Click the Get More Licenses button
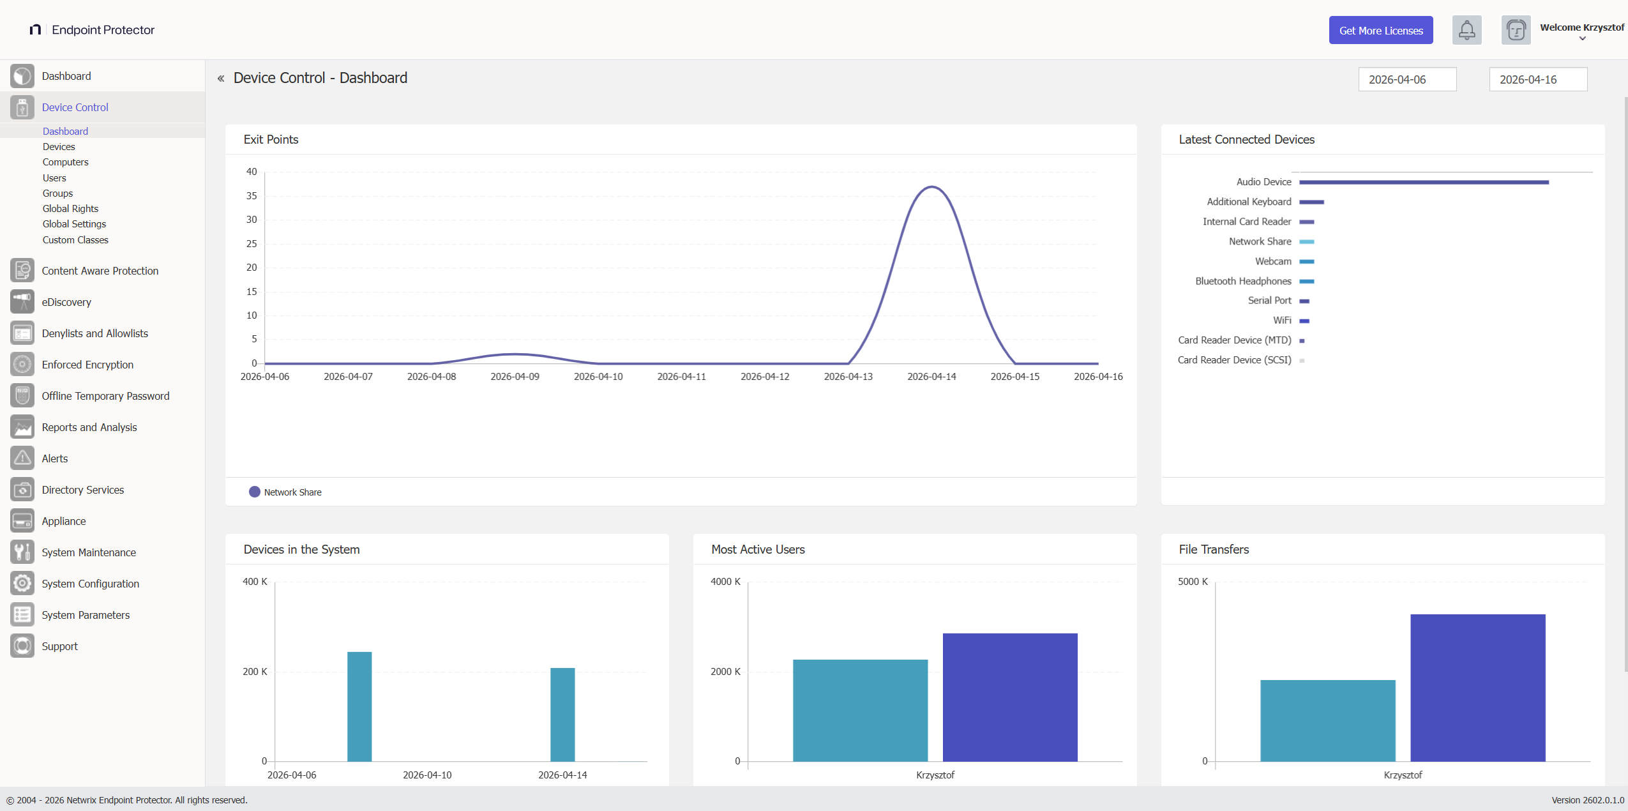1380,31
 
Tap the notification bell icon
1466,30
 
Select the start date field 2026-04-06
1406,80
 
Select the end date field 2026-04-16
1537,80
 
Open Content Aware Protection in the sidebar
100,271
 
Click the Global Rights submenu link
70,209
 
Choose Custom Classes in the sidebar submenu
75,240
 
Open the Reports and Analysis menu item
89,427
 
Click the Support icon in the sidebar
22,646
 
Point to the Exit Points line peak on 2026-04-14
931,187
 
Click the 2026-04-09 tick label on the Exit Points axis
515,377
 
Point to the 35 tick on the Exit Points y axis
252,196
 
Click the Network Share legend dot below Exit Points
254,492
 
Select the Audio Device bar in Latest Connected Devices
1424,183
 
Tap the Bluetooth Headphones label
1242,281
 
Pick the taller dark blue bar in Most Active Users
1009,697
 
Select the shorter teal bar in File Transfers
1327,720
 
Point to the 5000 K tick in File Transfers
1192,582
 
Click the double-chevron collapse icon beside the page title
221,79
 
